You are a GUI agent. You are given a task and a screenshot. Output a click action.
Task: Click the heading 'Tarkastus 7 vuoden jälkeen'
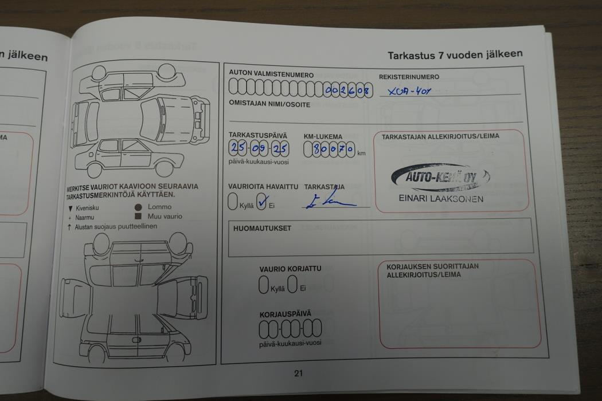point(455,55)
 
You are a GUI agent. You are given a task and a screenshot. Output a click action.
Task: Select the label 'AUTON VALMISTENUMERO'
point(271,74)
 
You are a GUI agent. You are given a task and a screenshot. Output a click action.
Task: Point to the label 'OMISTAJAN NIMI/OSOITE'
point(269,105)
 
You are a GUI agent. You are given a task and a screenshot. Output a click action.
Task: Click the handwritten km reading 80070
point(329,150)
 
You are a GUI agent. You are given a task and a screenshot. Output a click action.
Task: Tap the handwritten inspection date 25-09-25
point(259,150)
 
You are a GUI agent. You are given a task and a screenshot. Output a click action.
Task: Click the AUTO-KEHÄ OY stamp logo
point(440,178)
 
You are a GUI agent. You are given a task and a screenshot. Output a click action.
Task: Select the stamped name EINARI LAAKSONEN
point(440,199)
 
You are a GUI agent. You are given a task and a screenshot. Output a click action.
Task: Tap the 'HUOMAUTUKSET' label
point(262,229)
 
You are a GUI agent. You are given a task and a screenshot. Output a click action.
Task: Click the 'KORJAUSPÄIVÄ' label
point(285,314)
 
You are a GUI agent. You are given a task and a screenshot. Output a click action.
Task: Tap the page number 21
point(298,374)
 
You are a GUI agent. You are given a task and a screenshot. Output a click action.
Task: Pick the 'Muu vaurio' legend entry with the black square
point(158,217)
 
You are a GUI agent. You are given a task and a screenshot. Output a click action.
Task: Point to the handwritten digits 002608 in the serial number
point(347,90)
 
